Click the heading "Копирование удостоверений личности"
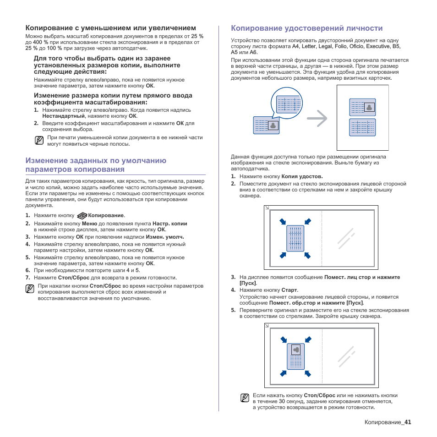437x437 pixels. pos(306,28)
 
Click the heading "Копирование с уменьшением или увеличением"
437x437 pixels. pos(110,28)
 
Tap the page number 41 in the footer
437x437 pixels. pos(408,422)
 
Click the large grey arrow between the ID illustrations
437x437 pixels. pos(317,119)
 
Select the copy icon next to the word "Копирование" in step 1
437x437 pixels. pos(82,215)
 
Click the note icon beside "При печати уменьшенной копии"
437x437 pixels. pos(39,140)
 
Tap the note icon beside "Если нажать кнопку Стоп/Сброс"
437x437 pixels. pos(245,398)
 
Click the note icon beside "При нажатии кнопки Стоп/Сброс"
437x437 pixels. pos(30,289)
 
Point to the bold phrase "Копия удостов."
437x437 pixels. pos(302,176)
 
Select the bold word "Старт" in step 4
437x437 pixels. pos(290,290)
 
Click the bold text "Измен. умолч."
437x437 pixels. pos(165,237)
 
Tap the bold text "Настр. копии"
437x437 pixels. pos(169,224)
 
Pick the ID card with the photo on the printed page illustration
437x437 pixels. pos(362,108)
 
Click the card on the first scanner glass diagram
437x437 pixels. pos(295,238)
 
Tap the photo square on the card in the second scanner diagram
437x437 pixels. pos(296,350)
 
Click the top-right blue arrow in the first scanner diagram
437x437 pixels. pos(308,222)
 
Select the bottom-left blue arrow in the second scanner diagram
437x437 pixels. pos(284,373)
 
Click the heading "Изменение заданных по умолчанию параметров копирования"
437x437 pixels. pos(96,165)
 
